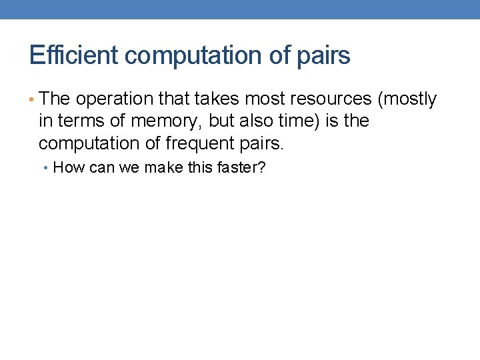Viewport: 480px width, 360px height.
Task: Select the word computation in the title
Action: (193, 55)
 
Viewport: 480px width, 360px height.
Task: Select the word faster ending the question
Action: (243, 167)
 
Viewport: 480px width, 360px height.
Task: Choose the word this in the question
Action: (199, 167)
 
